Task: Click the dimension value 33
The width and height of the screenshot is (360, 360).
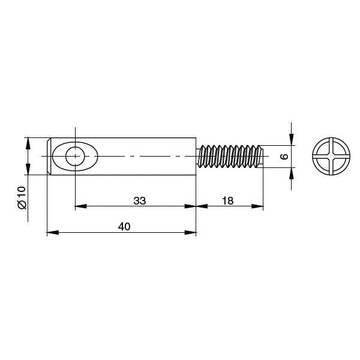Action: (x=140, y=201)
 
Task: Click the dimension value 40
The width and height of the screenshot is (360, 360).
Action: (x=124, y=227)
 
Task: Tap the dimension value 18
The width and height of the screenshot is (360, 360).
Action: (x=228, y=201)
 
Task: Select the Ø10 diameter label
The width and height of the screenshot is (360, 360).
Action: (x=22, y=197)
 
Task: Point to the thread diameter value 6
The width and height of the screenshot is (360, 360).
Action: (x=284, y=157)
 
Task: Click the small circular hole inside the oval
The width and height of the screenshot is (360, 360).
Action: (x=75, y=157)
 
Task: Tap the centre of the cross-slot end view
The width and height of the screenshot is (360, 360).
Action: (x=331, y=157)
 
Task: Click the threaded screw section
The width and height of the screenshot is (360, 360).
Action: (x=230, y=156)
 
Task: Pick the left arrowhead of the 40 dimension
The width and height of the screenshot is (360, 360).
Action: (x=53, y=233)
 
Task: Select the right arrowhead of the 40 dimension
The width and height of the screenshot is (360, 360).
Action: (x=191, y=233)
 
